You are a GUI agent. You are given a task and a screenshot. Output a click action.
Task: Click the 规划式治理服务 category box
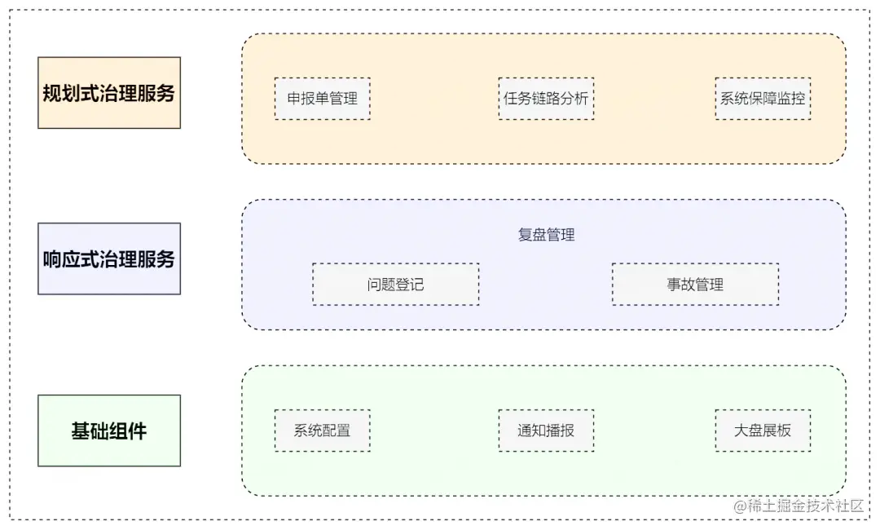click(x=108, y=92)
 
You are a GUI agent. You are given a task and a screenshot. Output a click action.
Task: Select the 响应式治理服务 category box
click(x=108, y=258)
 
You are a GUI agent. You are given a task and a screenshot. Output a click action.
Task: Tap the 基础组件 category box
click(x=108, y=431)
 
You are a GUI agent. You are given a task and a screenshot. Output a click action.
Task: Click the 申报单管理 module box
click(x=322, y=99)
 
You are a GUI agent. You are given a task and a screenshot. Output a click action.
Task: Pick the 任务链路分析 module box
click(x=546, y=99)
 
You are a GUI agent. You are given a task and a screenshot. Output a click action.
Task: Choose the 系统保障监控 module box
click(x=763, y=99)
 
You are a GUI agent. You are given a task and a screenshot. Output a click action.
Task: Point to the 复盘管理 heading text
click(x=546, y=235)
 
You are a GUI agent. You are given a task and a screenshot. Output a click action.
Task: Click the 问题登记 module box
click(x=395, y=285)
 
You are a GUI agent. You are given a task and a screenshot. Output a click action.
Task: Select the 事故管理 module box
click(x=695, y=285)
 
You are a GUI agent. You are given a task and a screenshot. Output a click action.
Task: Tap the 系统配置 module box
click(x=322, y=431)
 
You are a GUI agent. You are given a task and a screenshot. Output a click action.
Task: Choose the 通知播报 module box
click(x=546, y=431)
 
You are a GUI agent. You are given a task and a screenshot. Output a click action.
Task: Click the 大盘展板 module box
click(x=763, y=431)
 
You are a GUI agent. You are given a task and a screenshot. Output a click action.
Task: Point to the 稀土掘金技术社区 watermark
click(x=799, y=505)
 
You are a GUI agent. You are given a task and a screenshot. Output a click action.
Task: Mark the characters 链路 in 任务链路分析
click(x=546, y=99)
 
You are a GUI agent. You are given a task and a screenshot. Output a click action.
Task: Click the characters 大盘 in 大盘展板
click(x=748, y=431)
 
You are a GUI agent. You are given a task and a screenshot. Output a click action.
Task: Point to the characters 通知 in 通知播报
click(x=531, y=431)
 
